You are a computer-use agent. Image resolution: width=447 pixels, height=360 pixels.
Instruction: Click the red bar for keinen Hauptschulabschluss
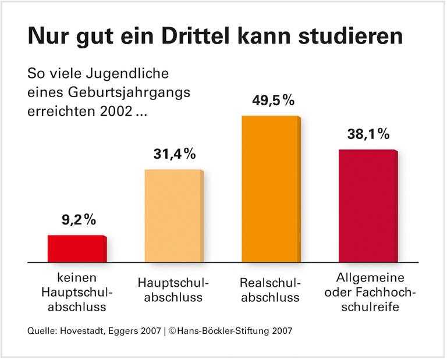click(x=76, y=249)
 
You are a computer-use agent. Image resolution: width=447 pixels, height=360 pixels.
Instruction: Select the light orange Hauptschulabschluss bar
click(x=173, y=216)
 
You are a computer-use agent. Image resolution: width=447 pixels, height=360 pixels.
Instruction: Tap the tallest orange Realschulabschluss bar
click(x=271, y=190)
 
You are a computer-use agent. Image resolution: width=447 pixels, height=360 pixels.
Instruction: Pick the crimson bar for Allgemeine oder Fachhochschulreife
click(x=368, y=206)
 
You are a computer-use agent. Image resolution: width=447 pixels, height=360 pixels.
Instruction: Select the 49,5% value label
click(x=273, y=101)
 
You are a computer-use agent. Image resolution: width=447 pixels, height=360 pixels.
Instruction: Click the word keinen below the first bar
click(x=76, y=277)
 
